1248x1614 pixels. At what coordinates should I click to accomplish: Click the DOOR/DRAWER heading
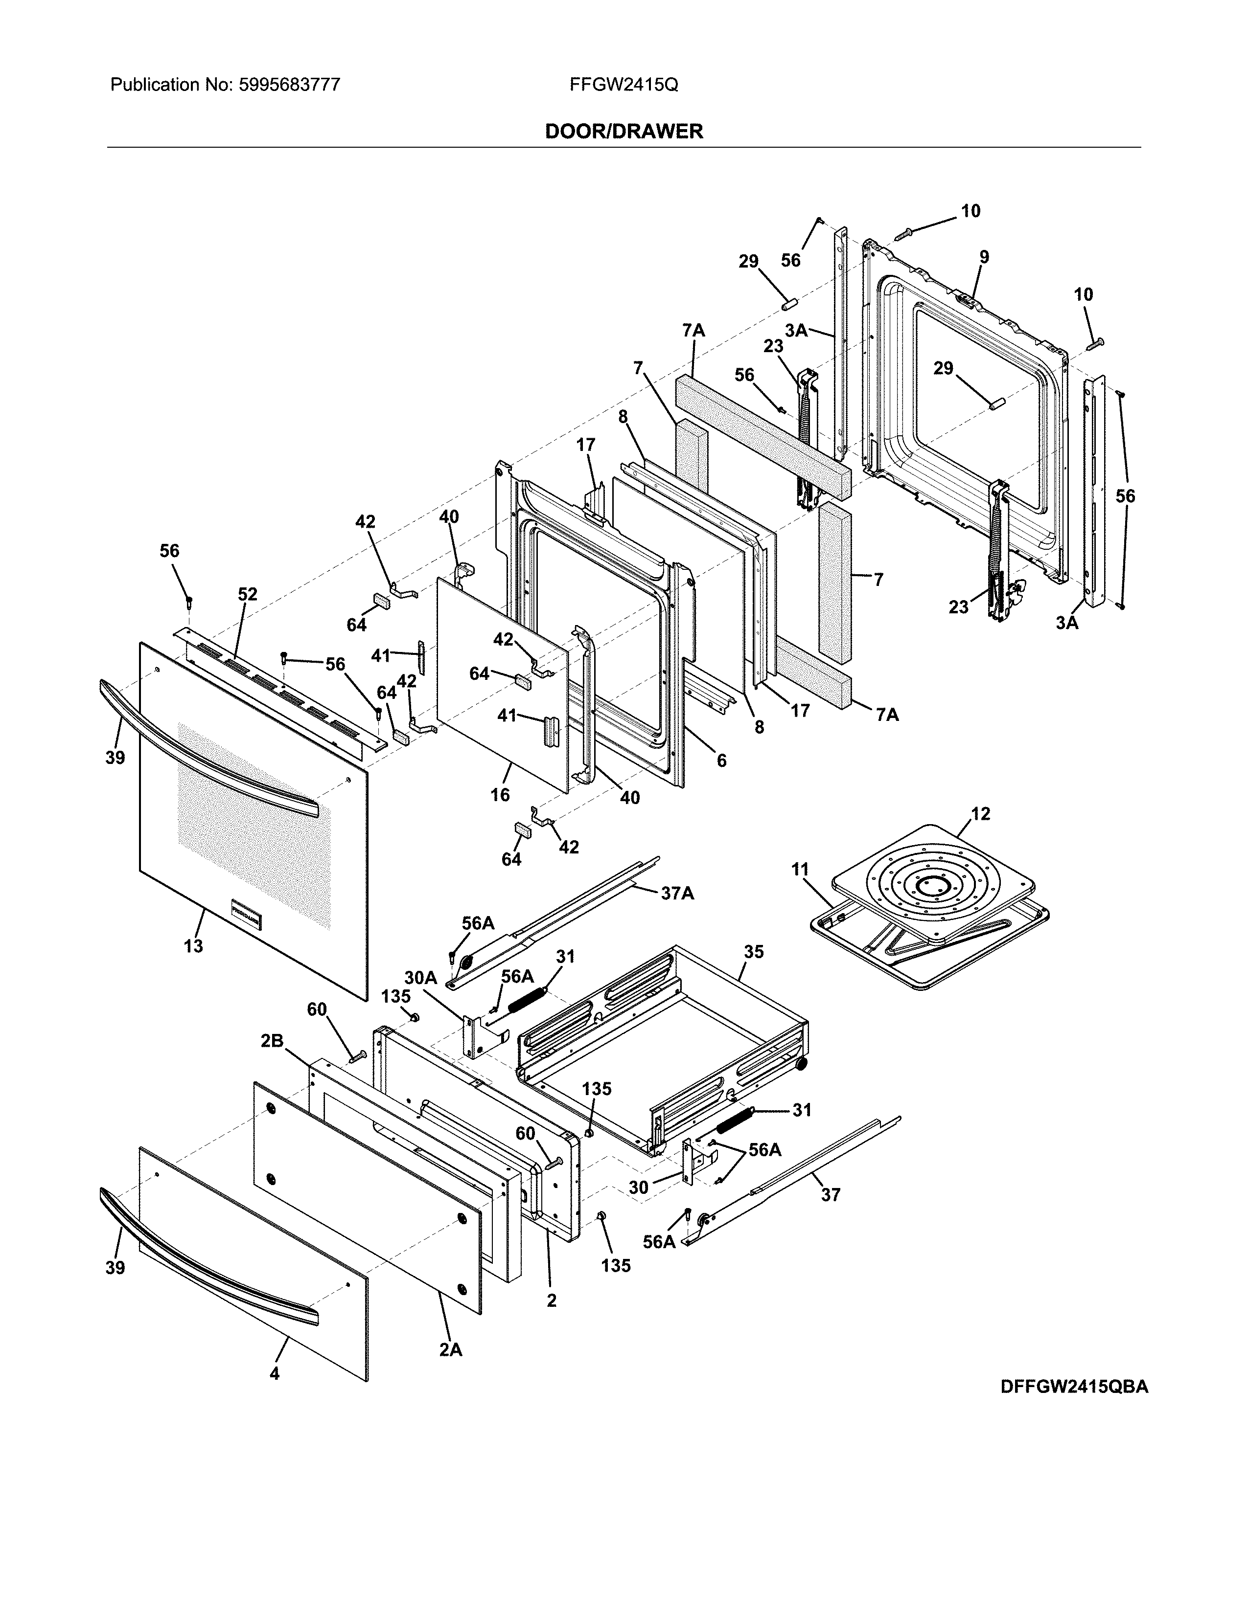623,132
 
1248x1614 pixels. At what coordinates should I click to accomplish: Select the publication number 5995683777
289,85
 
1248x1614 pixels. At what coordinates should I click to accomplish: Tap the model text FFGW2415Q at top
623,85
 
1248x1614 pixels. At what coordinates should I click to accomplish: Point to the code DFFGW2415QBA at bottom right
1074,1387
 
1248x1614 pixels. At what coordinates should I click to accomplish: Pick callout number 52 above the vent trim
248,594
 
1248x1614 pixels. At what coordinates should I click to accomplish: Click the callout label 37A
677,894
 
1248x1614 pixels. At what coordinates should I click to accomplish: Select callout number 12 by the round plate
980,814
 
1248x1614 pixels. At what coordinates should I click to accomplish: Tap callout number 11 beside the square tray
801,870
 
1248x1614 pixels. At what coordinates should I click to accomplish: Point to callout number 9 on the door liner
984,257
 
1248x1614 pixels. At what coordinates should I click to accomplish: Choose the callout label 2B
272,1040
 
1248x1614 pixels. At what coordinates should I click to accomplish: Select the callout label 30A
421,978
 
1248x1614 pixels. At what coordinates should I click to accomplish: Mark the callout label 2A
450,1349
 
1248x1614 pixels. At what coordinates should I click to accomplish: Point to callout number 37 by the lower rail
831,1194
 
